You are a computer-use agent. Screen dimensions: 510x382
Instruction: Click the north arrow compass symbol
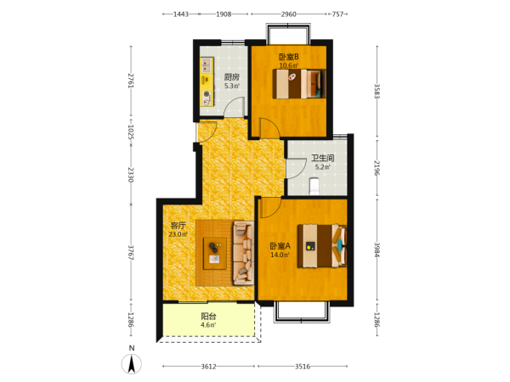click(x=132, y=364)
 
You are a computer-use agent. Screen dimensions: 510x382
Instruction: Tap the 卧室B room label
click(x=288, y=57)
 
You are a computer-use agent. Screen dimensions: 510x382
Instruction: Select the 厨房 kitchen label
click(x=232, y=77)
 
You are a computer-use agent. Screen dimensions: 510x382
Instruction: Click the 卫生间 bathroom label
click(x=323, y=158)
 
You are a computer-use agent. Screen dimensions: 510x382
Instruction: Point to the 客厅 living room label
click(x=178, y=226)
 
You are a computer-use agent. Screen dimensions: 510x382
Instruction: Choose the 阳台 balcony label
click(x=208, y=316)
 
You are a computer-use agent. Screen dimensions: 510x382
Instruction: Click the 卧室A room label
click(x=280, y=246)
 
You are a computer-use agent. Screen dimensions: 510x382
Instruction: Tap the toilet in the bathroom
click(x=314, y=186)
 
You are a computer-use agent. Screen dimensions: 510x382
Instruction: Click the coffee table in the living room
click(x=215, y=253)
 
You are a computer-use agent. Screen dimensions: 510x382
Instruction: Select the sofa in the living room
click(x=243, y=253)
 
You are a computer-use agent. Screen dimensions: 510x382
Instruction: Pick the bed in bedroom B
click(x=299, y=84)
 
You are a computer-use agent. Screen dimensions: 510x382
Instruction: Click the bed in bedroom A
click(x=322, y=245)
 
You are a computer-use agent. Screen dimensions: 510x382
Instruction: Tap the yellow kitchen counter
click(x=207, y=81)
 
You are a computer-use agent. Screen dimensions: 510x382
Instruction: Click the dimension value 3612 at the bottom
click(x=208, y=367)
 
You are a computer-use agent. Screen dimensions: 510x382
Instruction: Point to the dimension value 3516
click(x=303, y=367)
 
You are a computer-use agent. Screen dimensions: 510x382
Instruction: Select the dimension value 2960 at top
click(x=288, y=14)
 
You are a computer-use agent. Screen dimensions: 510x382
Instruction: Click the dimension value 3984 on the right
click(x=377, y=250)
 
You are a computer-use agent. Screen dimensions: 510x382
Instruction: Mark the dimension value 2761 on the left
click(x=131, y=81)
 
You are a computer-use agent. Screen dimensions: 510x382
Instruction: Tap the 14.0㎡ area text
click(x=280, y=255)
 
